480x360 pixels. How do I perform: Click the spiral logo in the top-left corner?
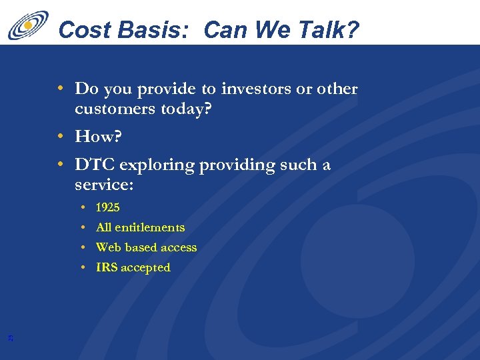[28, 25]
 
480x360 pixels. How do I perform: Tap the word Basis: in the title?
[153, 29]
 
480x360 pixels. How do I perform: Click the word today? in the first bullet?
[187, 109]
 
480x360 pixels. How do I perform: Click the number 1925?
[108, 207]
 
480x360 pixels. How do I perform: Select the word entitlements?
[149, 227]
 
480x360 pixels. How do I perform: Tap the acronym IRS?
[107, 267]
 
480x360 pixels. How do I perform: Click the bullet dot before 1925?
[82, 207]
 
